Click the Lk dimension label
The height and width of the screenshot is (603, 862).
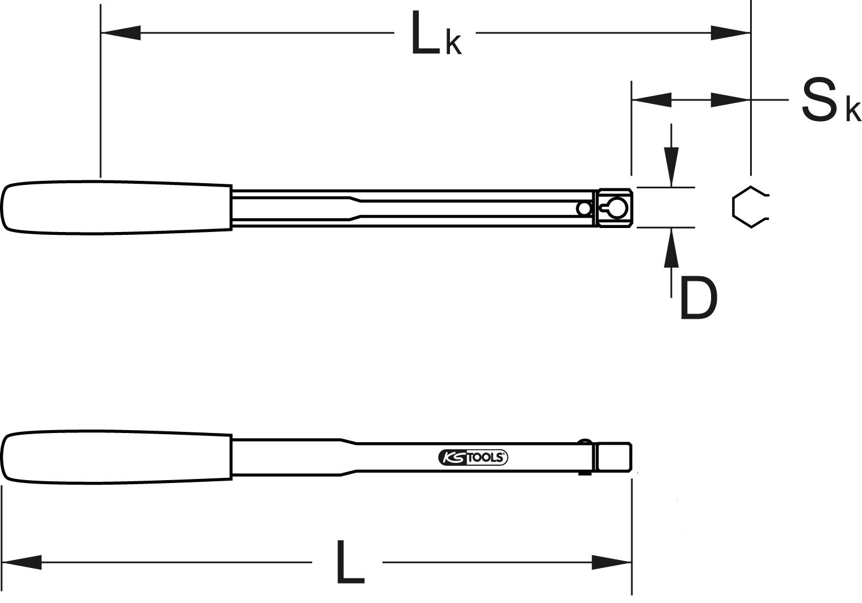(435, 36)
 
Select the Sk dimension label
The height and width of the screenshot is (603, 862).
(829, 101)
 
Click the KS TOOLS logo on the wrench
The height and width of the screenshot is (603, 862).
(473, 457)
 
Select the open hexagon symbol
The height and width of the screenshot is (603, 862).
(749, 207)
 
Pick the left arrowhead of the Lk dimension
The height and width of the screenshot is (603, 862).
(121, 33)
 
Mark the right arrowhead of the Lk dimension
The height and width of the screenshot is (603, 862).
(730, 33)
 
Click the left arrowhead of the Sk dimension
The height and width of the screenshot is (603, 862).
(651, 100)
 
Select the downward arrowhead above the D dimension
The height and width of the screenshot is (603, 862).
(671, 167)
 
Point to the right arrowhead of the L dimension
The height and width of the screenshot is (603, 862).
(612, 562)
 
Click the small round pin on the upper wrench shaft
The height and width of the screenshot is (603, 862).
(584, 208)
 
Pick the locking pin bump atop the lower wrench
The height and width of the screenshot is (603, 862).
(585, 441)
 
